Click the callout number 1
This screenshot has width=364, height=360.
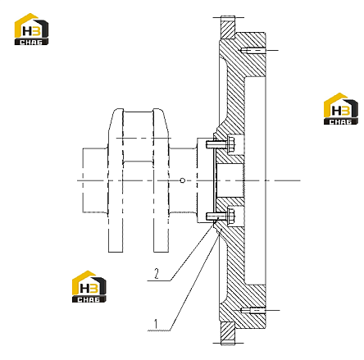pos(156,324)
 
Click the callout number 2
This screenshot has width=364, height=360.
pos(157,274)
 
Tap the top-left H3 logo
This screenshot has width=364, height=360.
pos(31,29)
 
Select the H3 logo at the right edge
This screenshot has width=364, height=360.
pos(341,109)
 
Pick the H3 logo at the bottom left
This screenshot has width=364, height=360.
pos(89,287)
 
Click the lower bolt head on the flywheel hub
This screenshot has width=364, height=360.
pos(230,216)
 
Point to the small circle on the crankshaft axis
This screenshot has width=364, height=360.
pos(183,180)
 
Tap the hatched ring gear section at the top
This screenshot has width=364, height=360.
pos(228,27)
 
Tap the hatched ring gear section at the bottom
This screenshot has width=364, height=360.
pos(228,333)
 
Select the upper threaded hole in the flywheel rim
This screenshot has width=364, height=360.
pos(253,51)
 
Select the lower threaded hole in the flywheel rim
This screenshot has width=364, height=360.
pos(253,311)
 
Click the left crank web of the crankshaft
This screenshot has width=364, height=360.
pos(116,180)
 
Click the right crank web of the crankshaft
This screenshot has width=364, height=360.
pos(161,180)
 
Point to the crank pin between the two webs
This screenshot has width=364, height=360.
pos(138,137)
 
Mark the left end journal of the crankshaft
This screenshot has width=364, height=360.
pos(95,180)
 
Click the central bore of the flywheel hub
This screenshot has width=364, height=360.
pos(230,180)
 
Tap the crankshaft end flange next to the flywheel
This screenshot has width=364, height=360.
pos(205,180)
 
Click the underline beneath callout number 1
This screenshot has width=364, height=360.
pos(159,330)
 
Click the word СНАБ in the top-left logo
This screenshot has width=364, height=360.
pos(31,42)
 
